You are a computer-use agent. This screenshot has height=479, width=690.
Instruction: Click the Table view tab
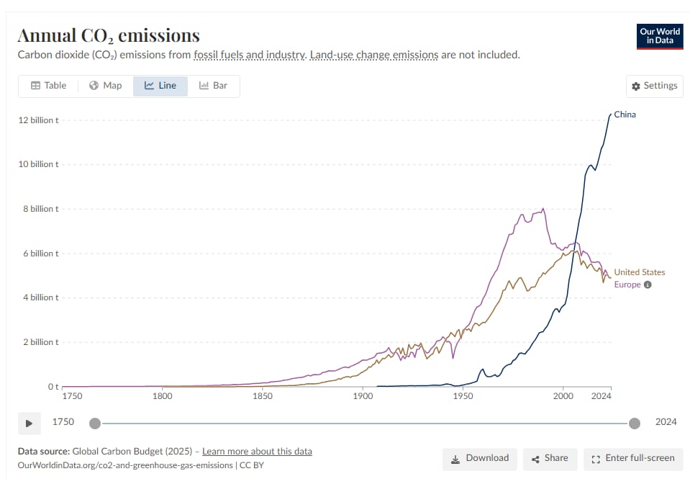click(x=48, y=86)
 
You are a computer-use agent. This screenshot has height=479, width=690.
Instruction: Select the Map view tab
click(x=106, y=86)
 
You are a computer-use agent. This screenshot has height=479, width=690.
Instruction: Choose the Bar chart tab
click(x=213, y=86)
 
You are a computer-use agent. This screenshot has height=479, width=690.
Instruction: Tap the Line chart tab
click(x=160, y=86)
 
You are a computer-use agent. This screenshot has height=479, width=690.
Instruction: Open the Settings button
click(x=654, y=86)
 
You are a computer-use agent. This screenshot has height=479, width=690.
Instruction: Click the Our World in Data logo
click(x=660, y=37)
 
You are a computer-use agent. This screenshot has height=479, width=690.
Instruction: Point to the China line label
click(x=625, y=115)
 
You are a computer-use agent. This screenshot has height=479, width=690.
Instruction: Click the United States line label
click(x=639, y=272)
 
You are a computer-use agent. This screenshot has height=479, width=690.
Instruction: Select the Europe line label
click(x=627, y=285)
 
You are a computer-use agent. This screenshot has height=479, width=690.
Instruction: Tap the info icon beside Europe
click(x=648, y=285)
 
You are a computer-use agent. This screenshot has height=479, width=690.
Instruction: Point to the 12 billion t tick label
click(x=38, y=120)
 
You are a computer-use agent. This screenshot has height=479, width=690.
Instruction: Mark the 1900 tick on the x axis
click(x=363, y=395)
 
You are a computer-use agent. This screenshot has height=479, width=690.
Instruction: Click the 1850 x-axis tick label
click(x=263, y=395)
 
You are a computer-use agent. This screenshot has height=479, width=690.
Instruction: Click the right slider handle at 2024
click(x=635, y=423)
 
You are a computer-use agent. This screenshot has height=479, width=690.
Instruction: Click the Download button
click(x=479, y=458)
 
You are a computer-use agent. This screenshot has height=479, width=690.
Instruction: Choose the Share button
click(x=550, y=458)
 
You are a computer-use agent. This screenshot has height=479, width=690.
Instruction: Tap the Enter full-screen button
click(x=632, y=458)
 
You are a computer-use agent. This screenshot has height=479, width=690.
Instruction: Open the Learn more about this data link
click(x=257, y=452)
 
